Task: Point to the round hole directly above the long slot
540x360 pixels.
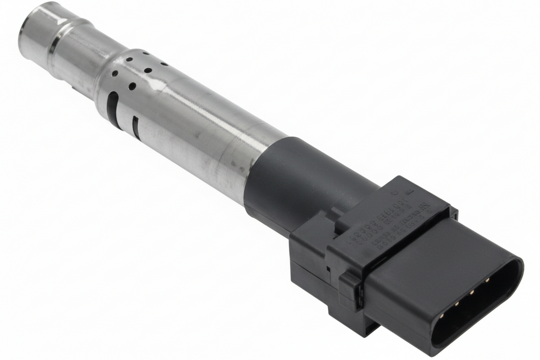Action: [x=115, y=73]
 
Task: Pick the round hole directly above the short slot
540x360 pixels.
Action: [x=132, y=85]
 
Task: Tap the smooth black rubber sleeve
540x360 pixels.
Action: [x=292, y=180]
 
